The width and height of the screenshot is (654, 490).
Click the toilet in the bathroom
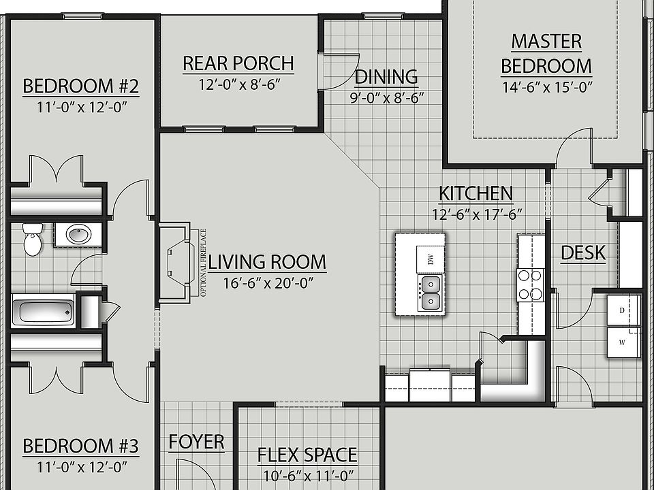(x=31, y=239)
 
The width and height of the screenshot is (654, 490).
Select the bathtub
(x=43, y=312)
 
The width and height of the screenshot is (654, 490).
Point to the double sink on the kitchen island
(x=430, y=292)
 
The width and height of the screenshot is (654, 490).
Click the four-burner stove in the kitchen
(x=531, y=284)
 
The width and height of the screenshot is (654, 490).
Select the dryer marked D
(x=623, y=310)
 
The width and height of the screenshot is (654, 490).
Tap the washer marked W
(x=623, y=342)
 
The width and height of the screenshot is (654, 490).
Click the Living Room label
(x=267, y=262)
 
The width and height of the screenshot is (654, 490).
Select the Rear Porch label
(x=238, y=64)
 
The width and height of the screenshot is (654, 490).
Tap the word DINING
(x=386, y=76)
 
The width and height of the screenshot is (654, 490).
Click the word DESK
(x=582, y=253)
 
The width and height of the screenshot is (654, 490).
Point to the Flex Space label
(x=307, y=455)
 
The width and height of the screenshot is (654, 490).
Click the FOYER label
(x=196, y=442)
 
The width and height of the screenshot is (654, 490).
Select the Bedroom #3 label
(x=80, y=447)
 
